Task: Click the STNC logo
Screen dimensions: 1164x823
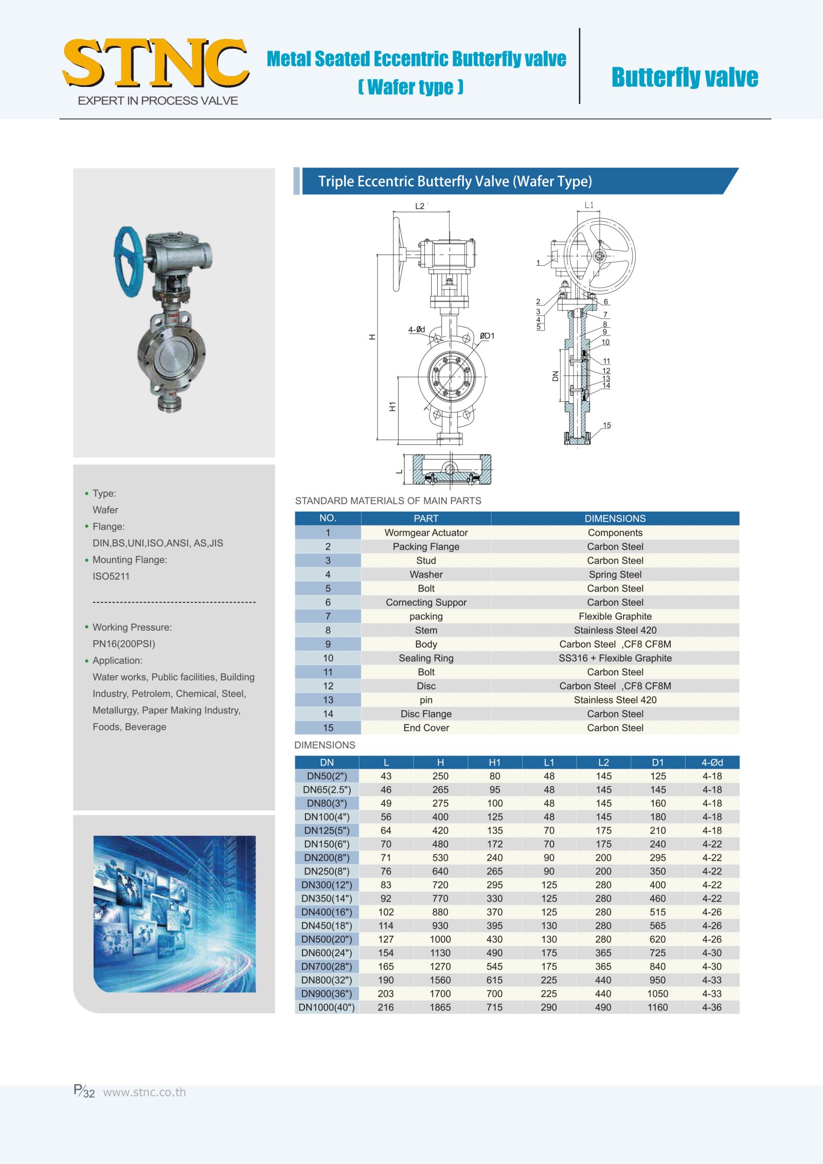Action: pos(155,64)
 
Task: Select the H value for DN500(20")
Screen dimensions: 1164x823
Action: pos(440,939)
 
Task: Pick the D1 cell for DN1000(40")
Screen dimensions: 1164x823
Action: pos(657,1007)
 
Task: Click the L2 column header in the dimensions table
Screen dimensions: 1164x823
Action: pos(603,762)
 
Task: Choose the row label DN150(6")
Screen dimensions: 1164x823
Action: pos(327,844)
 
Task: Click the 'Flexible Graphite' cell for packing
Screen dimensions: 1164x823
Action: pos(615,616)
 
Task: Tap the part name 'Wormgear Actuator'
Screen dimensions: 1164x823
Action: pos(426,533)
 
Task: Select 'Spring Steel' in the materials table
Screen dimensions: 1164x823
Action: pos(615,575)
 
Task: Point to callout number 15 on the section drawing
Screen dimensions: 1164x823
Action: pos(607,425)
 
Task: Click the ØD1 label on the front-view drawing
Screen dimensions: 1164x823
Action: pos(487,336)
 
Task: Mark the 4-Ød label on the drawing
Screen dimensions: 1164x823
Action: pos(417,329)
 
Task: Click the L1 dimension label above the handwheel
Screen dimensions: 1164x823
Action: pos(589,205)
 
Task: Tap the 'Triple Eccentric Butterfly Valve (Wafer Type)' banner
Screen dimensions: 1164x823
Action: pos(455,181)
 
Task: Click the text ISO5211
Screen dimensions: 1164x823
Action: pos(111,576)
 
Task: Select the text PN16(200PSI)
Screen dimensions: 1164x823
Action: pos(123,643)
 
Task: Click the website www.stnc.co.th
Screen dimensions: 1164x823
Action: pos(145,1092)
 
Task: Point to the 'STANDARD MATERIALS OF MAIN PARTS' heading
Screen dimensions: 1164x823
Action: pos(388,500)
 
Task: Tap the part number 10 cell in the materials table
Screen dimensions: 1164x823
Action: pos(328,658)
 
